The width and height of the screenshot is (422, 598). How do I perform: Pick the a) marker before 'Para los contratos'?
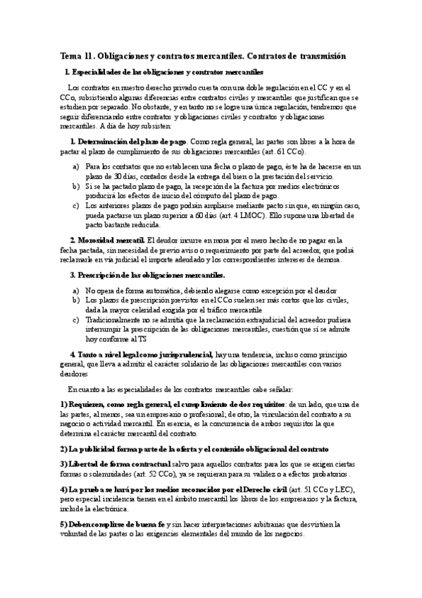(75, 166)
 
